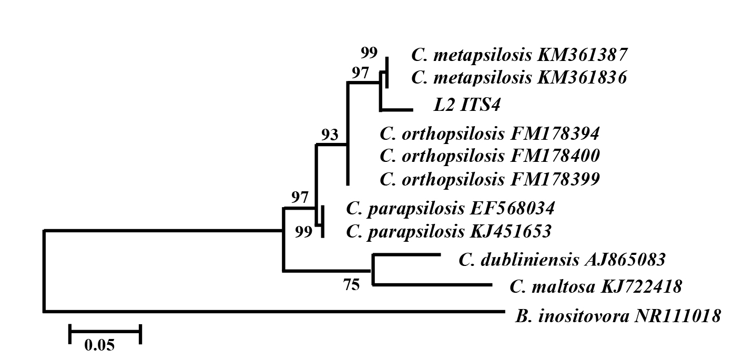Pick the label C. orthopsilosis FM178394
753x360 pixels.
click(489, 133)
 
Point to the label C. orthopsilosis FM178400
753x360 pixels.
click(489, 156)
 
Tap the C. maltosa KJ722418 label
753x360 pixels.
click(596, 286)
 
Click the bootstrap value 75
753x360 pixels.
click(351, 285)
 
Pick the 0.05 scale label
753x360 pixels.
click(99, 345)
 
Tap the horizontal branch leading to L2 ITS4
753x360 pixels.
click(396, 110)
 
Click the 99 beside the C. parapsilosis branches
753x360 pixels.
click(304, 232)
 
